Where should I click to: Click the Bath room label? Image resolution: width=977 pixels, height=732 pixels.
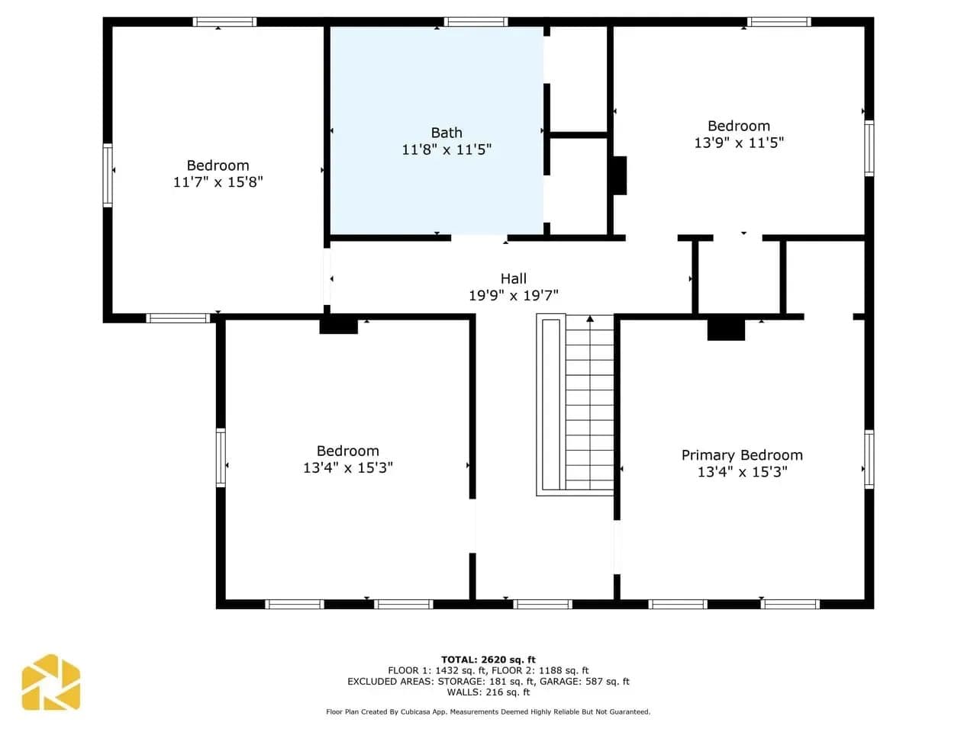(x=447, y=133)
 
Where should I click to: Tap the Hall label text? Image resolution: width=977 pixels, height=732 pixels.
(x=513, y=278)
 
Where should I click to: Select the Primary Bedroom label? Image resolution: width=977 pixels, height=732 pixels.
(x=742, y=455)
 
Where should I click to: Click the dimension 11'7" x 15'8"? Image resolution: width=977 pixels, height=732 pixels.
(x=218, y=181)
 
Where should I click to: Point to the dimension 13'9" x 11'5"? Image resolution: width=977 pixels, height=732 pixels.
(x=739, y=143)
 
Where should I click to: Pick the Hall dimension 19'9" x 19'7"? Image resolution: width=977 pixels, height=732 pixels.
(x=513, y=295)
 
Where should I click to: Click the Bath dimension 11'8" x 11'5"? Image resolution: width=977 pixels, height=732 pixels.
(x=447, y=149)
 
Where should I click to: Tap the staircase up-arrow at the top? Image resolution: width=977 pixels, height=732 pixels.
(x=590, y=318)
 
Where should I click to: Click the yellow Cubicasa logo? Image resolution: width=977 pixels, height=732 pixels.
(x=50, y=682)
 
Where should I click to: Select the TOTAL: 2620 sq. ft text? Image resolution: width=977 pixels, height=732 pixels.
(x=488, y=660)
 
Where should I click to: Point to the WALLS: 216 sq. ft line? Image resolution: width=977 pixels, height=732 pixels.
(x=488, y=692)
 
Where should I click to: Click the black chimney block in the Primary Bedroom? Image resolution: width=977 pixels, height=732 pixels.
(x=726, y=329)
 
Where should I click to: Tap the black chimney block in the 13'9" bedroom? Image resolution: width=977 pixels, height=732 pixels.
(x=620, y=175)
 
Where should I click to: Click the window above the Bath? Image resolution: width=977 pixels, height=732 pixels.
(x=476, y=22)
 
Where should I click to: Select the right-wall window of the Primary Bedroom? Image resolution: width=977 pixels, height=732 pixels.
(x=869, y=459)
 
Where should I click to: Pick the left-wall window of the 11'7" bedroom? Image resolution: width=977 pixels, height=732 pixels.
(x=108, y=175)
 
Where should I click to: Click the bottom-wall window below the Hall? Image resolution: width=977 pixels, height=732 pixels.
(x=543, y=604)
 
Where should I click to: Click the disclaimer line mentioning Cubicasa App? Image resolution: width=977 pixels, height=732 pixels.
(x=488, y=711)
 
